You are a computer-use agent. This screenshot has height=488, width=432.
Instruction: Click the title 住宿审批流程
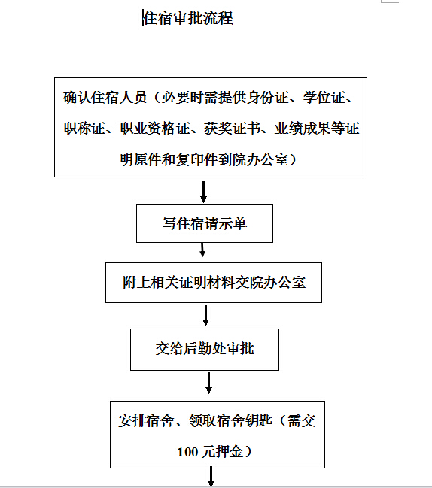pyautogui.click(x=188, y=18)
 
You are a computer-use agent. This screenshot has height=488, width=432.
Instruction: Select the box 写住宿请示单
pyautogui.click(x=205, y=223)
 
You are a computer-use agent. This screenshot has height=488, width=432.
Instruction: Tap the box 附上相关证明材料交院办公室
pyautogui.click(x=214, y=283)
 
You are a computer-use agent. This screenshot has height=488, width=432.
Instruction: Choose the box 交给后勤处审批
pyautogui.click(x=205, y=350)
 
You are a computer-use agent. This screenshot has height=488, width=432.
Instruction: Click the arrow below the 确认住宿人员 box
pyautogui.click(x=203, y=192)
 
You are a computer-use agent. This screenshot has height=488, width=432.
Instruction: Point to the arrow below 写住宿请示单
pyautogui.click(x=202, y=250)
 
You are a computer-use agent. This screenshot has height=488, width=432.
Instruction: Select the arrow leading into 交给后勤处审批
pyautogui.click(x=205, y=315)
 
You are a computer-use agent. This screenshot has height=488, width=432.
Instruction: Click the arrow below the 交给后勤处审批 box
pyautogui.click(x=208, y=383)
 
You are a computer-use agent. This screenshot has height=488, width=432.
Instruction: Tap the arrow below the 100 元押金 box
pyautogui.click(x=211, y=477)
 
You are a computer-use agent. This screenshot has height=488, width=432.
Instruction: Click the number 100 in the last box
pyautogui.click(x=188, y=452)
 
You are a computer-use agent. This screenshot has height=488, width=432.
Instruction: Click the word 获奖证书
pyautogui.click(x=232, y=129)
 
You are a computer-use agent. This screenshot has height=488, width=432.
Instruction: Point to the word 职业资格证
pyautogui.click(x=155, y=129)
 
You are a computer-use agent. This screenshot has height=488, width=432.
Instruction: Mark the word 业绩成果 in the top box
pyautogui.click(x=303, y=129)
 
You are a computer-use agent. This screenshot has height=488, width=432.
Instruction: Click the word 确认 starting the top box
pyautogui.click(x=77, y=98)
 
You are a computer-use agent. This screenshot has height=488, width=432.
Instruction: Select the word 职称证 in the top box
pyautogui.click(x=84, y=129)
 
